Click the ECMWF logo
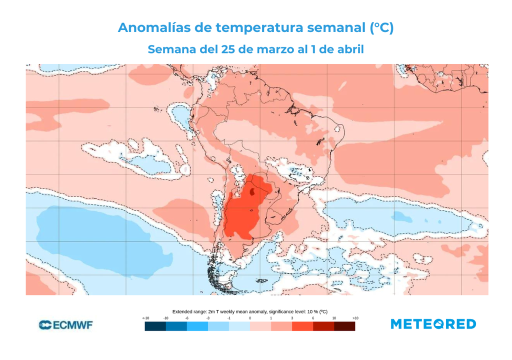pyautogui.click(x=65, y=325)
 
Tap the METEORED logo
pyautogui.click(x=433, y=324)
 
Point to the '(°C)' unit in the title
pyautogui.click(x=381, y=28)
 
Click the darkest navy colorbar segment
pyautogui.click(x=155, y=326)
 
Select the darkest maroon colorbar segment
pyautogui.click(x=344, y=326)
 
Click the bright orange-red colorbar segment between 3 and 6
pyautogui.click(x=302, y=326)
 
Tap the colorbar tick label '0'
pyautogui.click(x=250, y=318)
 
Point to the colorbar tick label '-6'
pyautogui.click(x=186, y=318)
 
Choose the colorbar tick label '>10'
pyautogui.click(x=355, y=318)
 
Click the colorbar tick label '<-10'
pyautogui.click(x=145, y=318)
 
